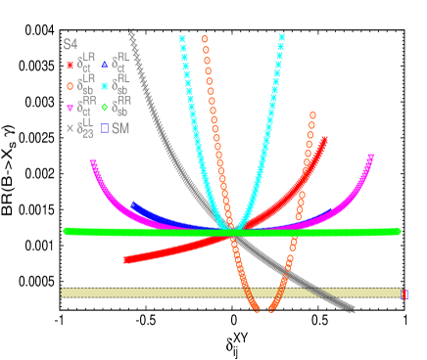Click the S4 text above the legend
[x=70, y=44]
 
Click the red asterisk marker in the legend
[x=70, y=66]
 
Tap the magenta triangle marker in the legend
[x=70, y=108]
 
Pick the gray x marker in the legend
[x=70, y=128]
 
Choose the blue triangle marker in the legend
[x=104, y=66]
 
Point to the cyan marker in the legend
[x=104, y=86]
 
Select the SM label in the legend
[x=120, y=128]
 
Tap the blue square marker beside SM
[x=104, y=128]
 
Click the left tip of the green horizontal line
[x=65, y=231]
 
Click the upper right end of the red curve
[x=325, y=140]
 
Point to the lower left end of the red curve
[x=125, y=260]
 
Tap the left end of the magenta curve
[x=92, y=161]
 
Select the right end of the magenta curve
[x=372, y=156]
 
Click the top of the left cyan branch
[x=182, y=38]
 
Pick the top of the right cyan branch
[x=282, y=37]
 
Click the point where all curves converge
[x=234, y=231]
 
